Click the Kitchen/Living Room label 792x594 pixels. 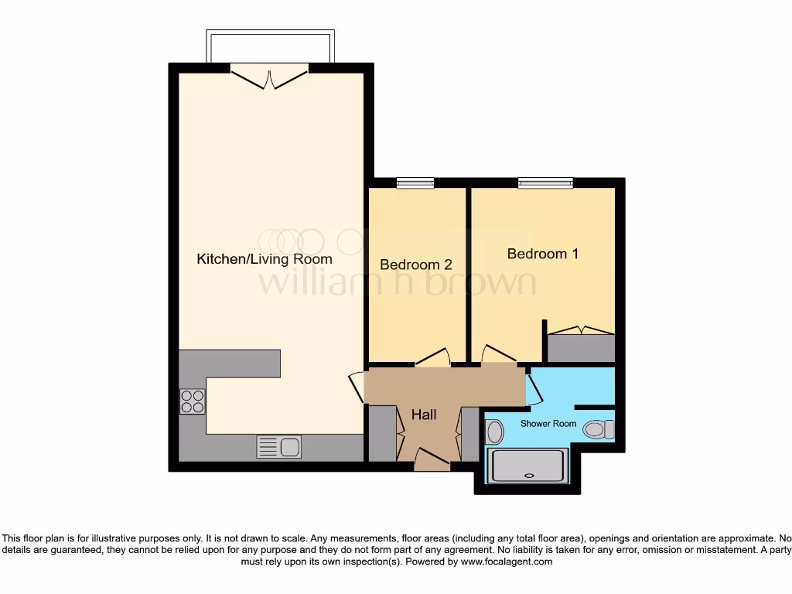[265, 259]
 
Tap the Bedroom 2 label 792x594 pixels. [415, 265]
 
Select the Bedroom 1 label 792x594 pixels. [542, 254]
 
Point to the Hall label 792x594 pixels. [424, 415]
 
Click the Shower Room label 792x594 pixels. [548, 424]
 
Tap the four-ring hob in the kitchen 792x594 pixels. [193, 401]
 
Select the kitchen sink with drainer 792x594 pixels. [279, 446]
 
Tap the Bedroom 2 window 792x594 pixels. [415, 183]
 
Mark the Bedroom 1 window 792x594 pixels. [545, 183]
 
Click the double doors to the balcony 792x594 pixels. [269, 78]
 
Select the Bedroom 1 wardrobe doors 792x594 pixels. [581, 330]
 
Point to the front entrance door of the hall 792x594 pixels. [432, 463]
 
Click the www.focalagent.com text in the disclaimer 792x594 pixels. [507, 562]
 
